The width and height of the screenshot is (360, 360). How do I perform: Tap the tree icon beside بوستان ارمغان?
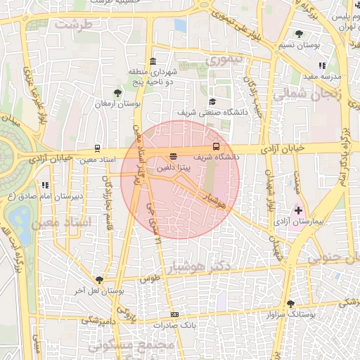pyautogui.click(x=117, y=92)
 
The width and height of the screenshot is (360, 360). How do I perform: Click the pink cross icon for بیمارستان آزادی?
pyautogui.click(x=298, y=210)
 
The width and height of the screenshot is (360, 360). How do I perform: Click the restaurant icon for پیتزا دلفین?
pyautogui.click(x=173, y=156)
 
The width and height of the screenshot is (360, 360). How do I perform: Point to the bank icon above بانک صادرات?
pyautogui.click(x=174, y=314)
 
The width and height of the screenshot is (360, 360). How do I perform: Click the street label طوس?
pyautogui.click(x=150, y=278)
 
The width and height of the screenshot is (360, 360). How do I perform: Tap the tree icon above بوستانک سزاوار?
pyautogui.click(x=290, y=304)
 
